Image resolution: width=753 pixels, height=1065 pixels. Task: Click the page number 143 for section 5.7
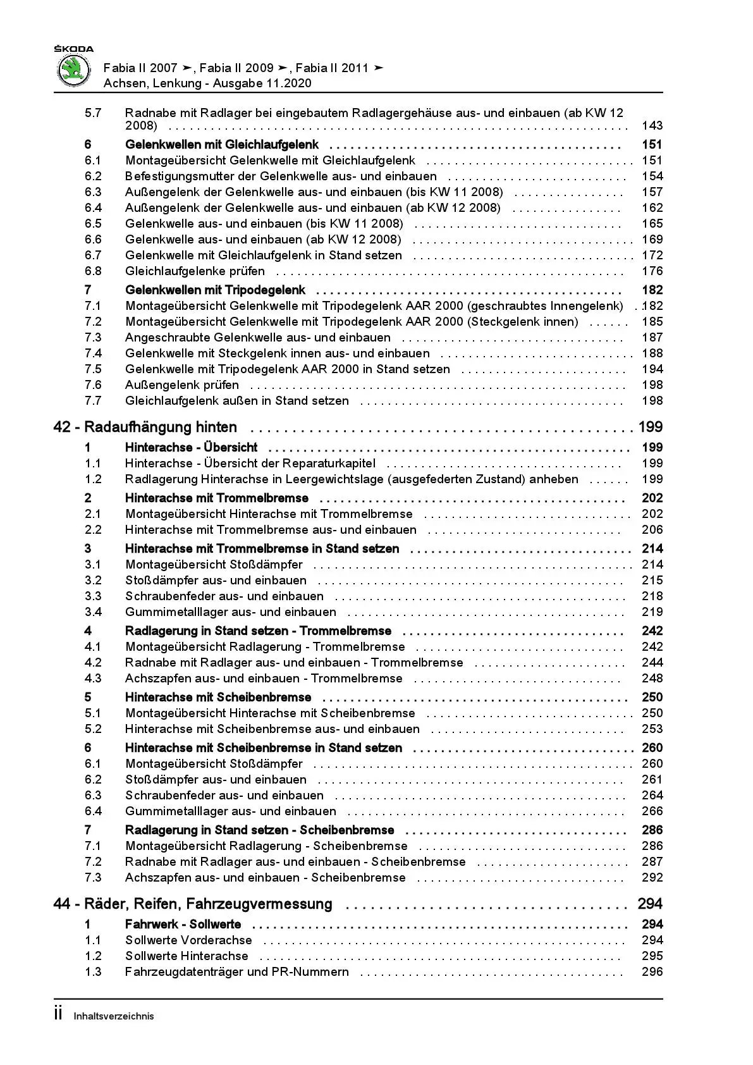point(652,126)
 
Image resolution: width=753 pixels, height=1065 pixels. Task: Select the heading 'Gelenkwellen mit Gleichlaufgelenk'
point(222,145)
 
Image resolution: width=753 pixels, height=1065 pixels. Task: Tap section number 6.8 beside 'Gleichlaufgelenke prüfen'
point(93,271)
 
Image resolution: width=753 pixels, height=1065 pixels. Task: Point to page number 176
point(652,271)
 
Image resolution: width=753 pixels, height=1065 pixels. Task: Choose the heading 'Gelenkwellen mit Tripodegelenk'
point(215,290)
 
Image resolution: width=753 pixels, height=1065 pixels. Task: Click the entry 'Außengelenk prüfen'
point(182,385)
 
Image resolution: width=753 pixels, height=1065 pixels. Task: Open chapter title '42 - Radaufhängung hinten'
point(145,428)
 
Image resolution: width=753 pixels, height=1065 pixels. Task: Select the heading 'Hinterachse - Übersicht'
point(191,448)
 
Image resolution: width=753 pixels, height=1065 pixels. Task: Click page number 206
point(652,530)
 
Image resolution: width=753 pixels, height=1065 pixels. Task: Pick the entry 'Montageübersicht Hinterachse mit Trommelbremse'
point(269,514)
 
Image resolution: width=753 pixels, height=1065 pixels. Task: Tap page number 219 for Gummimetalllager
point(652,612)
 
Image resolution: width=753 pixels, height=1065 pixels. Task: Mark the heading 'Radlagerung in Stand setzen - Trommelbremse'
point(258,631)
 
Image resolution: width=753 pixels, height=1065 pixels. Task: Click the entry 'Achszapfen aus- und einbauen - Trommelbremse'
point(264,679)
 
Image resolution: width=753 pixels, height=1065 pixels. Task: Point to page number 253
point(652,729)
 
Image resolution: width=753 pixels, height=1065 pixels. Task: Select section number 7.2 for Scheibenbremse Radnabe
point(93,862)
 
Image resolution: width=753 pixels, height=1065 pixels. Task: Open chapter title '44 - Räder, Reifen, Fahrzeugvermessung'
point(193,904)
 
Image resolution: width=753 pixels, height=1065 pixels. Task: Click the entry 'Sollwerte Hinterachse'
point(187,956)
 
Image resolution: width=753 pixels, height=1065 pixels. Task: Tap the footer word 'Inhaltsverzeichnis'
point(114,1016)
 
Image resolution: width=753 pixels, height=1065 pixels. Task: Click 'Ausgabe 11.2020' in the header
point(262,83)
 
